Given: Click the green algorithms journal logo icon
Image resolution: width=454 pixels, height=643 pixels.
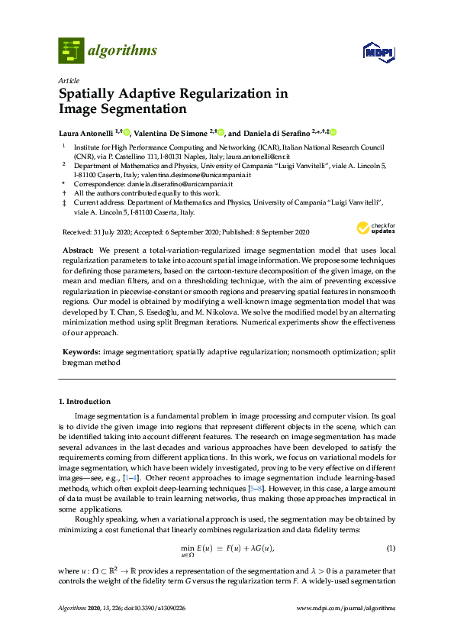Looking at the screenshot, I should pos(70,50).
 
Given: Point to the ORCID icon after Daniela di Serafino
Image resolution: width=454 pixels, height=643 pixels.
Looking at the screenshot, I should pos(333,131).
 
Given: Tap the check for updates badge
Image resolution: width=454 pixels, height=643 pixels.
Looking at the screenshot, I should pos(375,228).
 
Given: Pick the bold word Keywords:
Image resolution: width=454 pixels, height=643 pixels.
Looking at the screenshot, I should pos(81,352).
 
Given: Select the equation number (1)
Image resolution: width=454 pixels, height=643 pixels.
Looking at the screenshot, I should pos(391,527).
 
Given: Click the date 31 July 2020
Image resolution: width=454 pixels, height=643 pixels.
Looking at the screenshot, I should pos(105,232).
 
